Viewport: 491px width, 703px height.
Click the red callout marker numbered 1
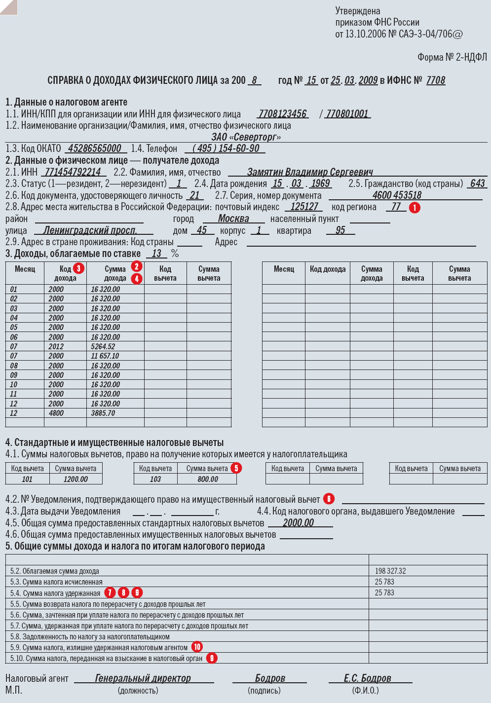[415, 208]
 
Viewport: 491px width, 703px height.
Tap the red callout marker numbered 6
[329, 499]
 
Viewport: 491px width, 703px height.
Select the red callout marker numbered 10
[197, 647]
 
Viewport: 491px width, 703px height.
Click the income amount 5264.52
[103, 347]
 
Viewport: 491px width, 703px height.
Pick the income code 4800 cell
[56, 413]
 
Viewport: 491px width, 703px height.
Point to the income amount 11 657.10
[105, 356]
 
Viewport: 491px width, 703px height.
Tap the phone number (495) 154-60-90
[226, 148]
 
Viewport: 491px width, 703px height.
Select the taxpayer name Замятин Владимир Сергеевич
[309, 172]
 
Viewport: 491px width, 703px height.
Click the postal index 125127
[304, 207]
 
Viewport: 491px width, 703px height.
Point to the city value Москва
[233, 219]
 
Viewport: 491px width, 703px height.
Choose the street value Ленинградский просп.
[90, 230]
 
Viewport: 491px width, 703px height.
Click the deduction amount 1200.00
[76, 479]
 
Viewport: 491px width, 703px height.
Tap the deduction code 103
[155, 479]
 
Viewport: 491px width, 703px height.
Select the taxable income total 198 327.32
[390, 571]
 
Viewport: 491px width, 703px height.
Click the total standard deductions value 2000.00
[298, 523]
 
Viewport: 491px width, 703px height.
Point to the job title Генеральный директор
[143, 678]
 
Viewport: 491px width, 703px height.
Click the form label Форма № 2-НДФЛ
[452, 58]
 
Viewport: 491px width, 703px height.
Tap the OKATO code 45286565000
[94, 148]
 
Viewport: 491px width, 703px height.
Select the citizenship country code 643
[477, 184]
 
